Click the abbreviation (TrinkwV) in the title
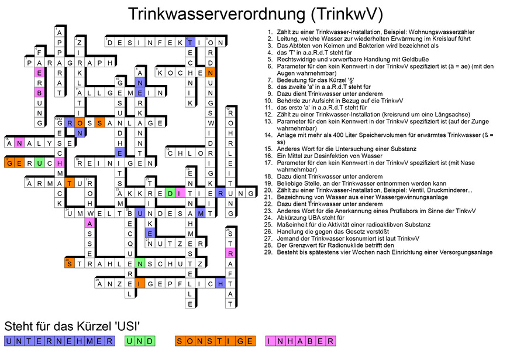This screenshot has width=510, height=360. click(x=345, y=14)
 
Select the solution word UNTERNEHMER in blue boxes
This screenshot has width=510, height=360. click(x=58, y=341)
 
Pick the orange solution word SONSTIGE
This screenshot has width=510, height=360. click(x=215, y=341)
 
